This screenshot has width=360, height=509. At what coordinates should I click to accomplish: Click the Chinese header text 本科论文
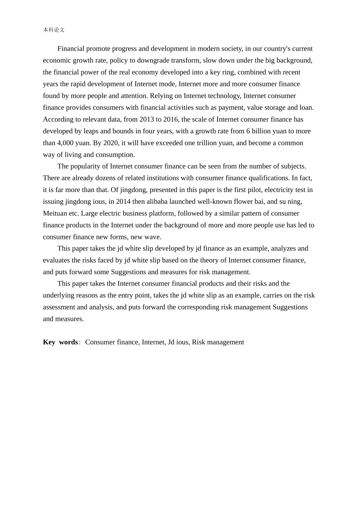coord(54,30)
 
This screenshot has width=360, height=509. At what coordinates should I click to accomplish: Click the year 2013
coord(147,119)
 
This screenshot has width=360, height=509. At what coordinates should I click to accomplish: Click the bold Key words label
coord(61,342)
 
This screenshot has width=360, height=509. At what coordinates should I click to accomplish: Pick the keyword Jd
coord(171,342)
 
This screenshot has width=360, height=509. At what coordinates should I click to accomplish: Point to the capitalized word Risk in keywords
coord(199,342)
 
